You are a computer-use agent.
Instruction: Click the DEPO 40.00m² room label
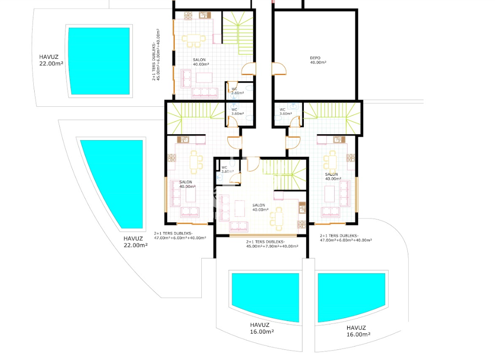pyautogui.click(x=318, y=60)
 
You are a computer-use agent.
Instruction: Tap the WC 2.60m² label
pyautogui.click(x=237, y=91)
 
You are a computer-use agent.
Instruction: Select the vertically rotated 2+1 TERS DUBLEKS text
pyautogui.click(x=154, y=61)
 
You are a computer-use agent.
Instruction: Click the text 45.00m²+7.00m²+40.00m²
pyautogui.click(x=272, y=246)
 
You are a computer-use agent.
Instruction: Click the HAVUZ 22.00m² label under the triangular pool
pyautogui.click(x=135, y=242)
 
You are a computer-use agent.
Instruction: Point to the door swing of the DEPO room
pyautogui.click(x=279, y=69)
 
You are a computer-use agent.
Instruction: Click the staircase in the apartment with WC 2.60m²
pyautogui.click(x=238, y=33)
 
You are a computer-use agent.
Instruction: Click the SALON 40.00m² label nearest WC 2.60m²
pyautogui.click(x=201, y=62)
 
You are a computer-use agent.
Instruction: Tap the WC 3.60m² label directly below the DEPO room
pyautogui.click(x=286, y=112)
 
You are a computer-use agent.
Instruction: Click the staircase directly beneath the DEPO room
pyautogui.click(x=332, y=118)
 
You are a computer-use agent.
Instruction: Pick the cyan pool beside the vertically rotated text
pyautogui.click(x=99, y=61)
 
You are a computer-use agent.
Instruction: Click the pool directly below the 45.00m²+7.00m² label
pyautogui.click(x=265, y=296)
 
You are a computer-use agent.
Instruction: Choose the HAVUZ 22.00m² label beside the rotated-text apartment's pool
pyautogui.click(x=51, y=60)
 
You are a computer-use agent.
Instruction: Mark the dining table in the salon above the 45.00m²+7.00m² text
pyautogui.click(x=276, y=219)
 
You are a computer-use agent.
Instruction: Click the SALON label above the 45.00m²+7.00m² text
pyautogui.click(x=260, y=207)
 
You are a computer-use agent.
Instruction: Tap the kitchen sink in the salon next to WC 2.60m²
pyautogui.click(x=205, y=15)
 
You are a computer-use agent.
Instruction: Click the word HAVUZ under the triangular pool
pyautogui.click(x=133, y=239)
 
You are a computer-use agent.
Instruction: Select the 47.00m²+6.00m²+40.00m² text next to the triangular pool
pyautogui.click(x=180, y=238)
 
